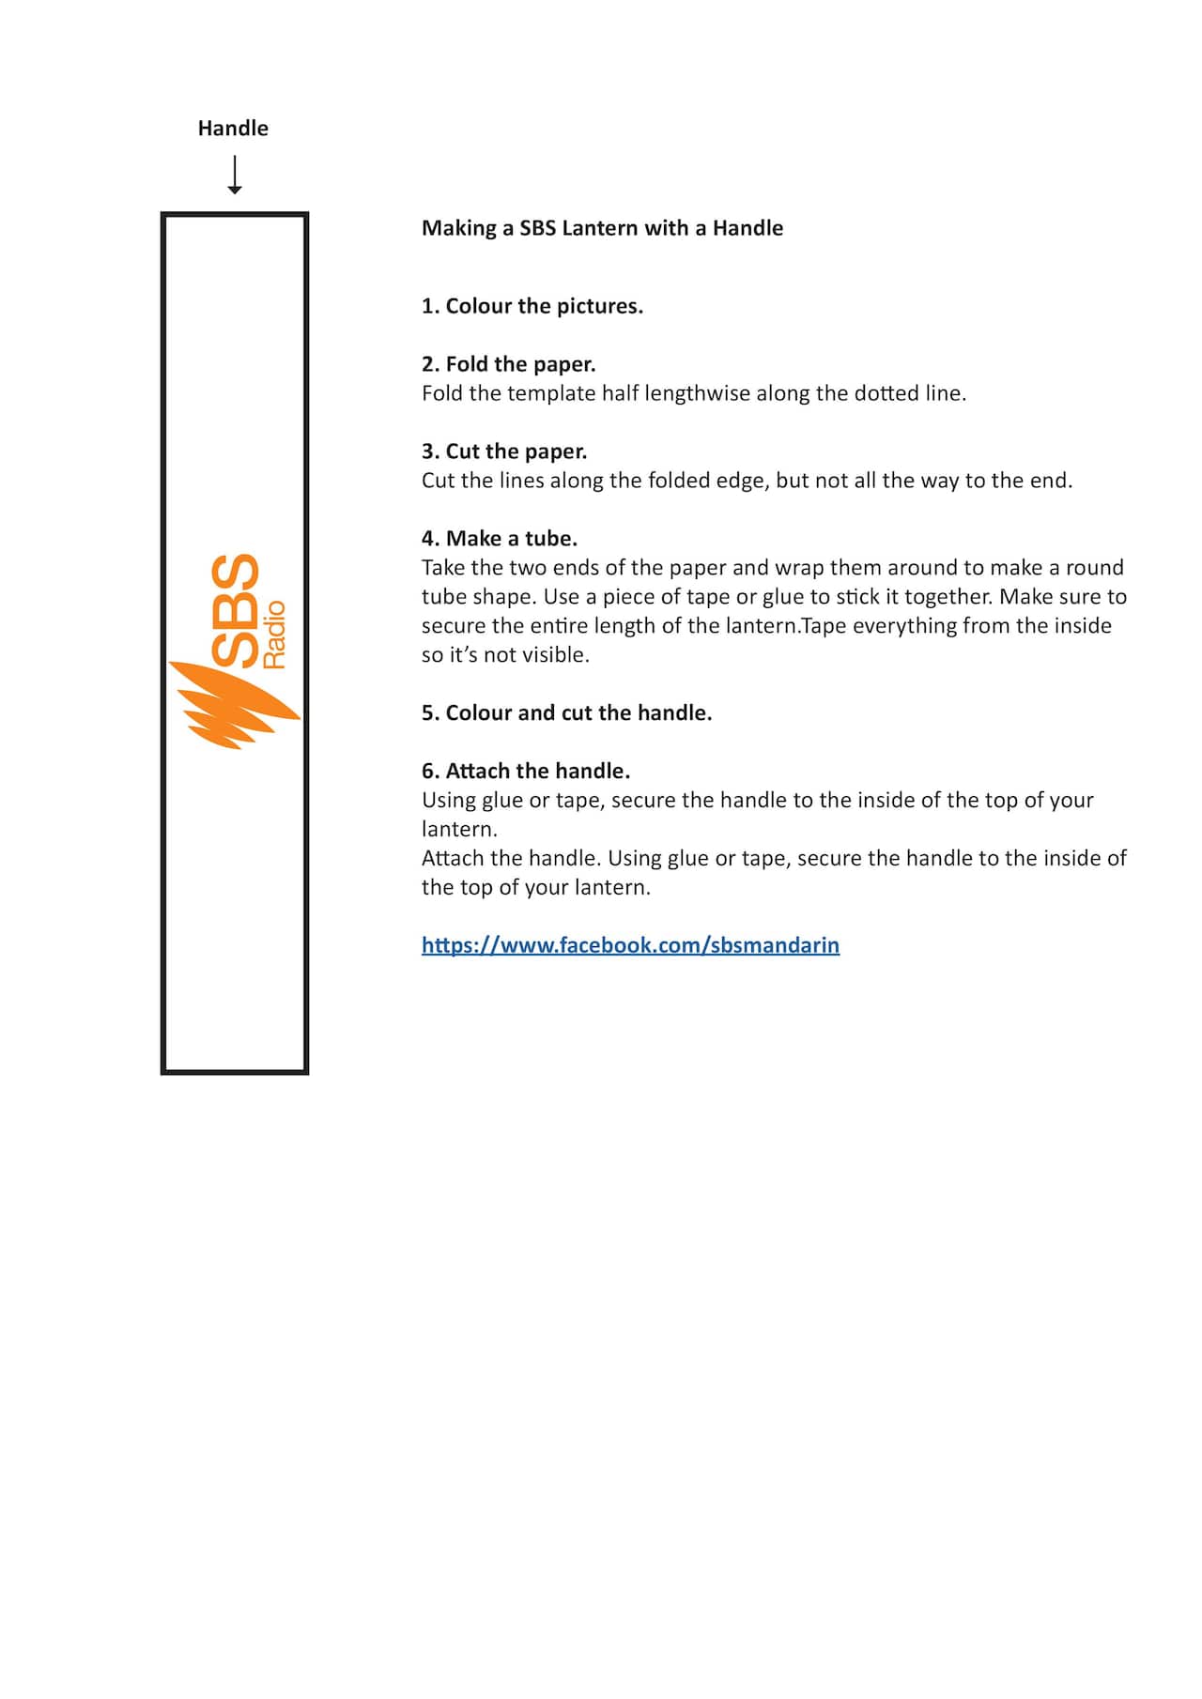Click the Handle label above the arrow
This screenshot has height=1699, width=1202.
click(233, 129)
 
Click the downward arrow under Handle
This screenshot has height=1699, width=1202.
click(235, 175)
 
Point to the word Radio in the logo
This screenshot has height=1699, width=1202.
click(274, 635)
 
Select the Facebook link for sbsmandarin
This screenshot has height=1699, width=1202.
click(630, 945)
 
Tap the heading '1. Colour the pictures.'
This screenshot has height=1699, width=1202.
click(532, 306)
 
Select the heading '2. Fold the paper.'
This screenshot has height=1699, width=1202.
click(509, 364)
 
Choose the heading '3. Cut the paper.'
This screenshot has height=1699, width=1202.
click(504, 452)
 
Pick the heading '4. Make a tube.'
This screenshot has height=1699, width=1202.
click(500, 539)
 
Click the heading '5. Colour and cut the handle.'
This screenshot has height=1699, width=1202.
click(566, 713)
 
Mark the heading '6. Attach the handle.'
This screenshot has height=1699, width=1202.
click(526, 772)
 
